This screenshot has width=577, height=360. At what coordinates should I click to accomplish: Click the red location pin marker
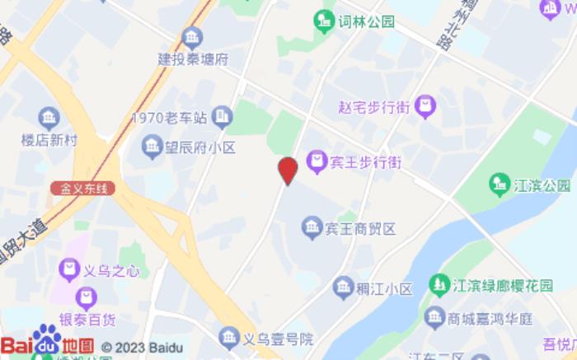[x=287, y=170]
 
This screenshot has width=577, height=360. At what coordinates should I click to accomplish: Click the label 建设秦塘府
[x=193, y=59]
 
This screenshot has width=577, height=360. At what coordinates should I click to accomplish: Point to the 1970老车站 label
[x=168, y=118]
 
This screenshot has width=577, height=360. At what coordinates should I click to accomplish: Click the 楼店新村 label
[x=49, y=138]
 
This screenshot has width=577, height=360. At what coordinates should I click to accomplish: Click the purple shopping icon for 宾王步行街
[x=316, y=161]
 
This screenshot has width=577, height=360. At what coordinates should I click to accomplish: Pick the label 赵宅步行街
[x=373, y=106]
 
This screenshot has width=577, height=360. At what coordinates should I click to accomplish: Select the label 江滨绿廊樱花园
[x=502, y=286]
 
